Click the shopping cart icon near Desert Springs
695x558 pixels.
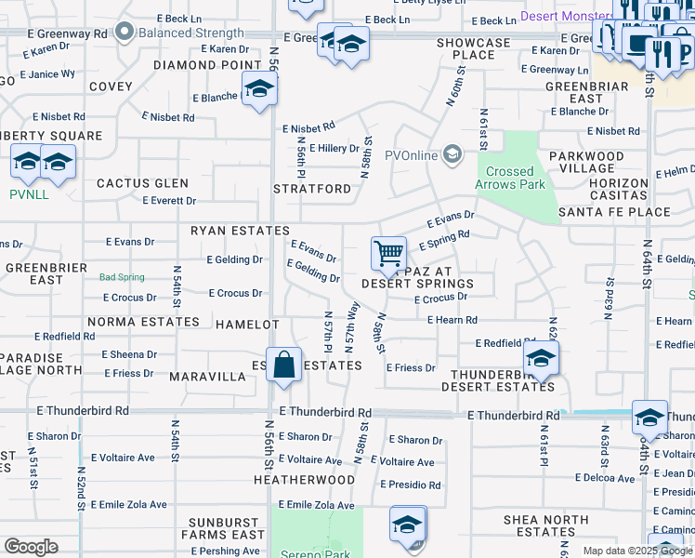(x=388, y=252)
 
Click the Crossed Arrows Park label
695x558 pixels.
(x=510, y=178)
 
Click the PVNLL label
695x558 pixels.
(x=30, y=194)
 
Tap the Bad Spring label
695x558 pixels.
(x=122, y=277)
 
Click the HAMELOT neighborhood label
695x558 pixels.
(x=247, y=325)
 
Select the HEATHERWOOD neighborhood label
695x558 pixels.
(x=304, y=480)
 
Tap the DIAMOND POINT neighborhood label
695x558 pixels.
(x=207, y=65)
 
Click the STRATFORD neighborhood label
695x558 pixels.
(x=312, y=189)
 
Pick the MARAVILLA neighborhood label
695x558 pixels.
(x=207, y=378)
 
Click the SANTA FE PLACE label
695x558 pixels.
(x=614, y=212)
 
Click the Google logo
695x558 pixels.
(x=30, y=547)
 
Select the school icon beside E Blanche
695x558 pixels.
(x=259, y=88)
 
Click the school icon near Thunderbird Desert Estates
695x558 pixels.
(x=540, y=357)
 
